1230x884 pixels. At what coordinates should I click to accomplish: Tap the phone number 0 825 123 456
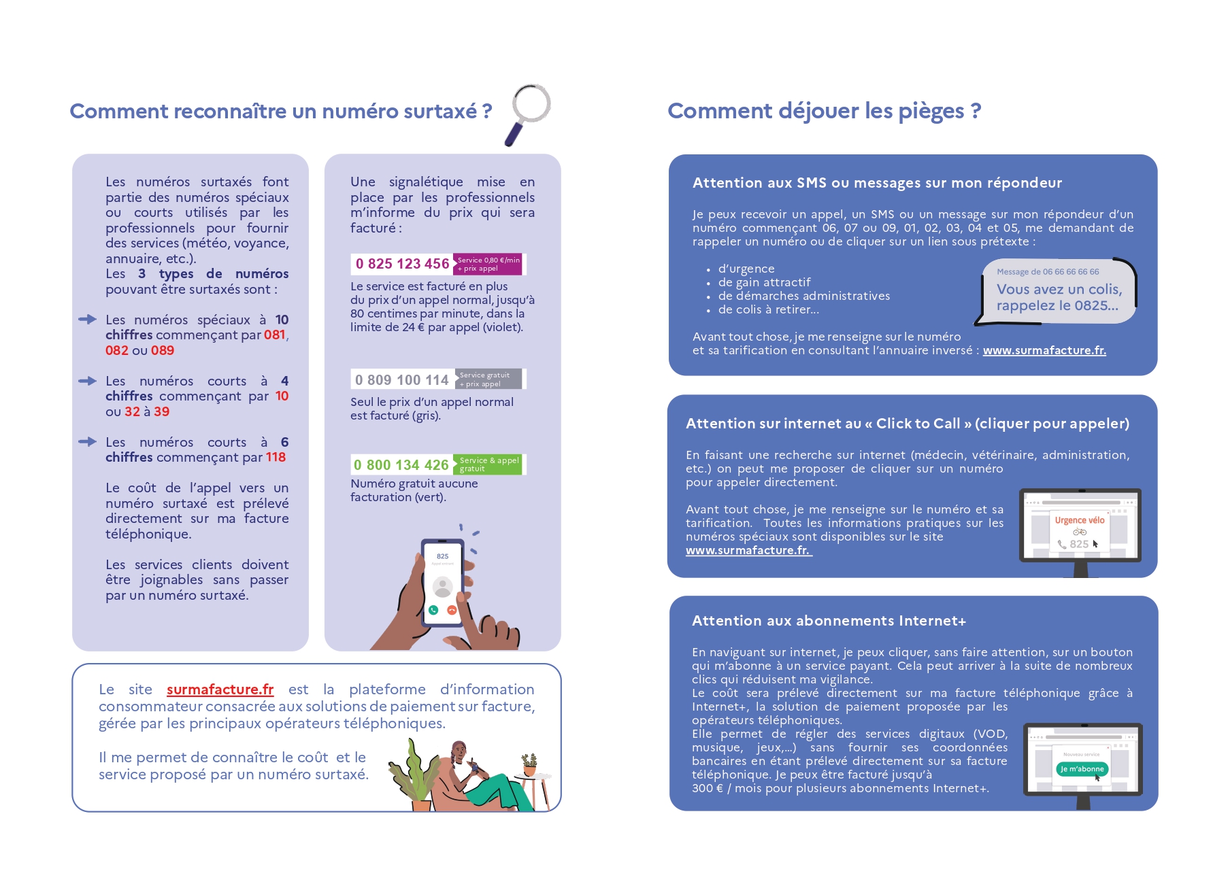point(402,264)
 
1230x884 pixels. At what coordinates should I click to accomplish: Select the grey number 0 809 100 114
point(401,379)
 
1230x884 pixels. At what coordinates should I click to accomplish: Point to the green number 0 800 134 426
point(401,465)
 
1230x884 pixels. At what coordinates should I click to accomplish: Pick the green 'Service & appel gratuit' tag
point(488,464)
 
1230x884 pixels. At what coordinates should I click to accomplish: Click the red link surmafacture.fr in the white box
point(220,690)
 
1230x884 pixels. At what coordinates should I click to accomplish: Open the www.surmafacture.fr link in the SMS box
point(1044,350)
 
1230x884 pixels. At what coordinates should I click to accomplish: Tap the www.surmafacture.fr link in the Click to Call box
point(748,550)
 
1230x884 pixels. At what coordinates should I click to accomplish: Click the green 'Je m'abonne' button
point(1081,769)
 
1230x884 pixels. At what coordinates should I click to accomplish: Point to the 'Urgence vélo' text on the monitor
point(1079,520)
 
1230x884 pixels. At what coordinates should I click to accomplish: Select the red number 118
point(276,457)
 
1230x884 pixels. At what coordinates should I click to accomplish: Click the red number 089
point(163,350)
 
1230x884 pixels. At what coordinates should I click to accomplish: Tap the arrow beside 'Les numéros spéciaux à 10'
point(87,319)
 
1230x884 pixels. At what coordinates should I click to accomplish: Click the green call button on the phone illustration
point(433,610)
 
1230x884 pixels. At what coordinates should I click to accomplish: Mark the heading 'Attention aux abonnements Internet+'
point(829,621)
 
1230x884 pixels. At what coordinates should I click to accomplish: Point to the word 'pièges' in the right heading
point(931,111)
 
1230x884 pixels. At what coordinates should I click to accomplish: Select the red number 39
point(161,411)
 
